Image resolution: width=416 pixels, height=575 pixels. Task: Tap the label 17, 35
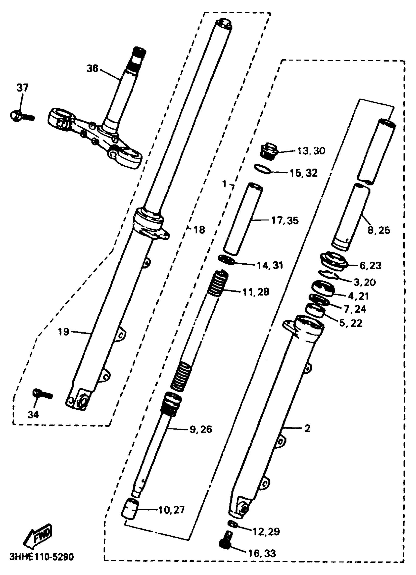click(x=285, y=220)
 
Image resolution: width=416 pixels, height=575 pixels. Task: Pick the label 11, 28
click(x=256, y=292)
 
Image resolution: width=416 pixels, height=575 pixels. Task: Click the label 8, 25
click(x=379, y=231)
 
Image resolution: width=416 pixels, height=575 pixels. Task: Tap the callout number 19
click(x=64, y=332)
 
